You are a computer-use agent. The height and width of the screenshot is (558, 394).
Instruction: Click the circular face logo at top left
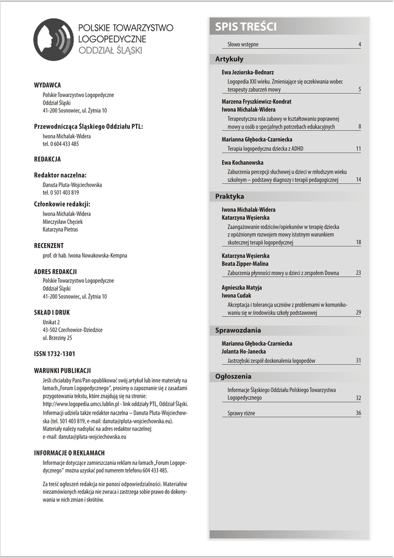[53, 39]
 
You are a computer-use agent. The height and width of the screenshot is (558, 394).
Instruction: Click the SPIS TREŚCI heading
[246, 27]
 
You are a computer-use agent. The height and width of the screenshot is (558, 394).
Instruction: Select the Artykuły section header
[230, 59]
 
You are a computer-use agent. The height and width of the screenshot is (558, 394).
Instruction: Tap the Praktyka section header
[230, 196]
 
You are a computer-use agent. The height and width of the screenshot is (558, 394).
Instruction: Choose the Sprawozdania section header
[238, 330]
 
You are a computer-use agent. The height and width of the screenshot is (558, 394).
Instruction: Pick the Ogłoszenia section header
[233, 377]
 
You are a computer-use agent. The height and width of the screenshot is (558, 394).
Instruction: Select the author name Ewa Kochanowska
[243, 162]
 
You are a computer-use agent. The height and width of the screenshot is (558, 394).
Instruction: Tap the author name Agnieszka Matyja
[242, 287]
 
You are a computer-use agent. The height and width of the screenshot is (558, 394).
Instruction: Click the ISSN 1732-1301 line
[54, 354]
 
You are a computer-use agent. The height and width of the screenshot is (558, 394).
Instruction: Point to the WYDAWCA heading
[47, 85]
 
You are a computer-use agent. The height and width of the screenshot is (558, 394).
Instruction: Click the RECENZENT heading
[49, 246]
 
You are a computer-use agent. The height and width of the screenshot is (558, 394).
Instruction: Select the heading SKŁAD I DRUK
[52, 313]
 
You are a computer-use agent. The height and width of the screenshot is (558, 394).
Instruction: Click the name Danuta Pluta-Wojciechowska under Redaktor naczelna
[72, 185]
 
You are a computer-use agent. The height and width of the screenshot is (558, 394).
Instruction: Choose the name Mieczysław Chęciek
[63, 222]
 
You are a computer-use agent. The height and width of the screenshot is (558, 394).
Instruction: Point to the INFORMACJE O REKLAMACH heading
[69, 453]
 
